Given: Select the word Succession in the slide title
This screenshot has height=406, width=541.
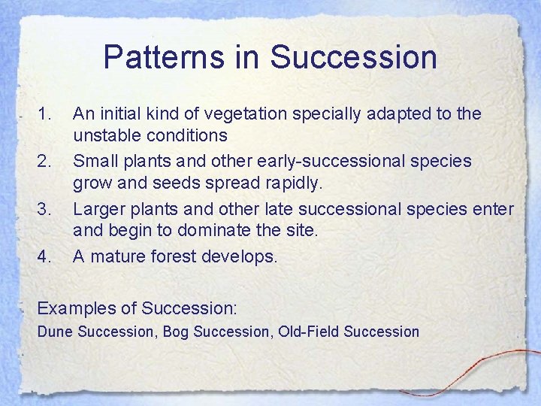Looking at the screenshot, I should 353,57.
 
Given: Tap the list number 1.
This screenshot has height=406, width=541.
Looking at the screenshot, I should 45,114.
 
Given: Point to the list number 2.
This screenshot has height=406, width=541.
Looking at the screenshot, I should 45,161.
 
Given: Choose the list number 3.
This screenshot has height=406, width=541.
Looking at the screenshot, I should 45,208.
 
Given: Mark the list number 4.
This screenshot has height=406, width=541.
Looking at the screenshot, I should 45,256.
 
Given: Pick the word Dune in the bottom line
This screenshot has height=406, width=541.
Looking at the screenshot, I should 54,332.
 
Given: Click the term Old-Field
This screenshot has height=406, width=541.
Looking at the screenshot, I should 307,332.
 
